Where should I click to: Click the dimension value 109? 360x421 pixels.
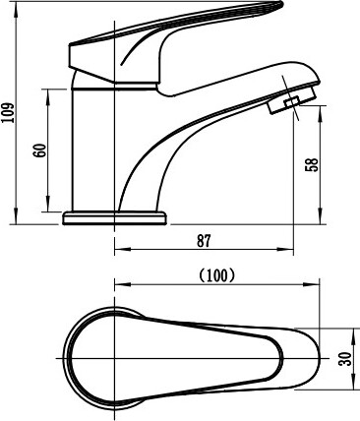[x=8, y=112]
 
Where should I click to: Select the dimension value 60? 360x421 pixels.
[x=40, y=150]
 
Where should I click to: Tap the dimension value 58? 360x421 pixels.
[x=312, y=165]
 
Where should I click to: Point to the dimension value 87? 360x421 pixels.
[x=204, y=241]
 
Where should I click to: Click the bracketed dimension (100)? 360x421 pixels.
[x=217, y=274]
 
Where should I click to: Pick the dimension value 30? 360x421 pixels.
[x=346, y=359]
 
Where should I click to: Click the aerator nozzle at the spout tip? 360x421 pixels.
[x=292, y=100]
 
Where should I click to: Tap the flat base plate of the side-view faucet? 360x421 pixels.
[x=115, y=218]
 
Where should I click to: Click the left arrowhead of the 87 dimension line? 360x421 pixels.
[x=122, y=250]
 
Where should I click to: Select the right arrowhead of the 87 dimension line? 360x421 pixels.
[x=285, y=250]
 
